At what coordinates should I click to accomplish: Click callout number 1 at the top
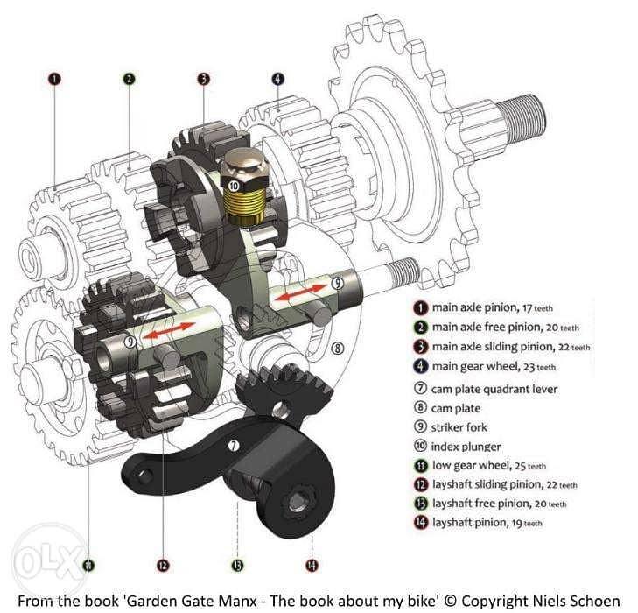pyautogui.click(x=54, y=79)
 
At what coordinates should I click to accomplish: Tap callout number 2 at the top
pyautogui.click(x=129, y=79)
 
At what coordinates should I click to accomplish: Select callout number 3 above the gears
pyautogui.click(x=203, y=79)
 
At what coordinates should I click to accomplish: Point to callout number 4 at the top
pyautogui.click(x=278, y=79)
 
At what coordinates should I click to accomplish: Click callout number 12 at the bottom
pyautogui.click(x=163, y=565)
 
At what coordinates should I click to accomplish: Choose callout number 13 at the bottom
pyautogui.click(x=237, y=565)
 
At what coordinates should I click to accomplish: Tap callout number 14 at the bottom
pyautogui.click(x=312, y=565)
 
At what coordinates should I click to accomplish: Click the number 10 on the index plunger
pyautogui.click(x=234, y=186)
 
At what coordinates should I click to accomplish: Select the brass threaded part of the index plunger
pyautogui.click(x=244, y=207)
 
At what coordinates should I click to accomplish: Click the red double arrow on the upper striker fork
pyautogui.click(x=300, y=293)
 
